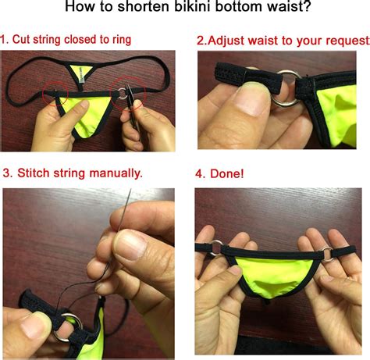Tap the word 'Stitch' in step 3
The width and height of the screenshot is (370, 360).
(x=36, y=173)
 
